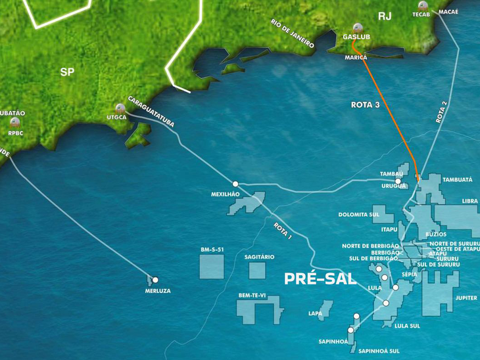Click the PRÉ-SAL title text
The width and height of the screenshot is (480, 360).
coord(320,279)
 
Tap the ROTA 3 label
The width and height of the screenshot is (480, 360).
coord(366,104)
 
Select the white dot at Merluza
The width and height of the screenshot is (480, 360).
coord(156,280)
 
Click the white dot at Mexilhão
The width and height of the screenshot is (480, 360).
coord(235,184)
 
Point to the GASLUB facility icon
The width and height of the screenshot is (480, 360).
coord(356,28)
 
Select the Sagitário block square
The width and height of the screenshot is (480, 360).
coord(257,270)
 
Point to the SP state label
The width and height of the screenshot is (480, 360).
coord(67,72)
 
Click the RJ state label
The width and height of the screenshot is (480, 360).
coord(385,16)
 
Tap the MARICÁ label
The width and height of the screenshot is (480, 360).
coord(356,58)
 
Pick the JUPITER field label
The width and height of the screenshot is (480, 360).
coord(466,298)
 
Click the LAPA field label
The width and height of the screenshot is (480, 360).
coord(316,313)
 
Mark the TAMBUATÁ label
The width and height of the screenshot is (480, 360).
coord(457,179)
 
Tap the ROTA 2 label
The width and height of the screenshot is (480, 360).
coord(445,112)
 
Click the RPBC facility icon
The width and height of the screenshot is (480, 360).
coord(15,123)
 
